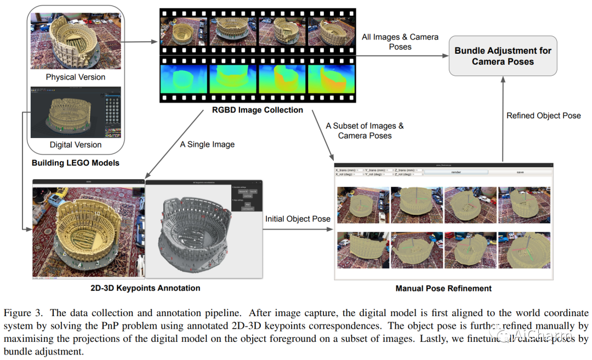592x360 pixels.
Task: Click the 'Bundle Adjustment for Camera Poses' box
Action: click(503, 55)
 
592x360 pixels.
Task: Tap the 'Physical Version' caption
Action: click(76, 77)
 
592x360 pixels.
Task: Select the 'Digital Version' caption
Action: click(76, 145)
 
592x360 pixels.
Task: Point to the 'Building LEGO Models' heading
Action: click(76, 163)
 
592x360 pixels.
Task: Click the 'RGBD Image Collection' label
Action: click(258, 110)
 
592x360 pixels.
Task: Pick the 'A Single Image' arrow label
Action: click(207, 145)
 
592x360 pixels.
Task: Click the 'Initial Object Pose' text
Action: click(298, 219)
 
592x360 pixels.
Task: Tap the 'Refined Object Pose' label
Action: click(543, 116)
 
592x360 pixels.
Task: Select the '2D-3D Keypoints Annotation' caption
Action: click(145, 288)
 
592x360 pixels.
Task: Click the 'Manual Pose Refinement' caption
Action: click(443, 288)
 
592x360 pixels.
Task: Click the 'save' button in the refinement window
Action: click(520, 172)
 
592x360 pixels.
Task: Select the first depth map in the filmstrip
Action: click(184, 78)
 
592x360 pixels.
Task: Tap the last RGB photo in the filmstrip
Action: click(331, 31)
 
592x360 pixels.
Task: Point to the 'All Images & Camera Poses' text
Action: click(400, 42)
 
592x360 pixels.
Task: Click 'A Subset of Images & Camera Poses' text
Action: click(365, 130)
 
